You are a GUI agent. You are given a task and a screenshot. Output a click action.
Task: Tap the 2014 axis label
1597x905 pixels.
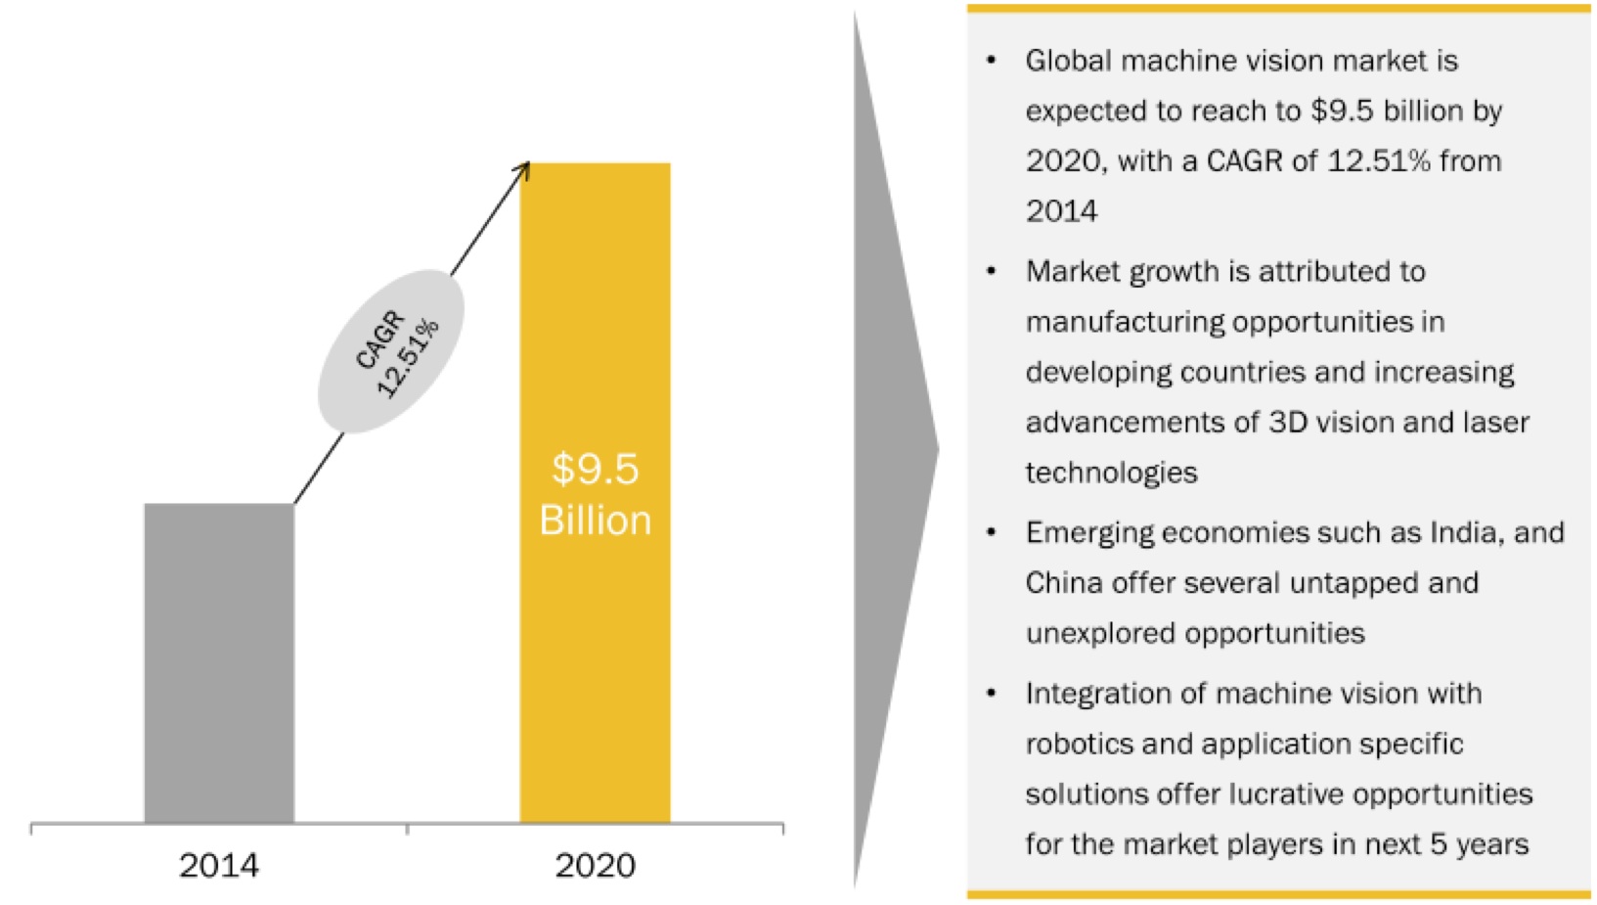(x=219, y=865)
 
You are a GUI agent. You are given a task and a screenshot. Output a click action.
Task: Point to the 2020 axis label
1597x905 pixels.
(x=595, y=865)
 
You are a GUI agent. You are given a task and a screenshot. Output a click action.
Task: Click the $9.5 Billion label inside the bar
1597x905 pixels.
(x=595, y=494)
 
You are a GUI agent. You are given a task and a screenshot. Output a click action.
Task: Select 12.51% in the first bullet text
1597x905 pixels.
(x=1378, y=160)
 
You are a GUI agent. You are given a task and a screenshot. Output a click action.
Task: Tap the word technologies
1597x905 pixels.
(x=1111, y=473)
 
